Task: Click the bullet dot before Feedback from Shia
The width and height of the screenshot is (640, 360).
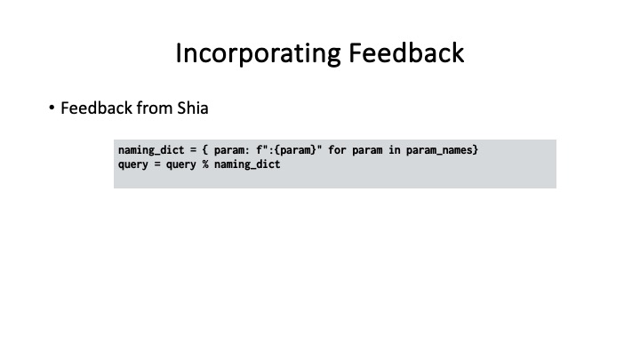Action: tap(52, 109)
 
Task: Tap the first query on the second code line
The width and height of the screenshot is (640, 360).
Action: tap(133, 164)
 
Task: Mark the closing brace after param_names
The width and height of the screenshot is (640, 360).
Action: tap(476, 150)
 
